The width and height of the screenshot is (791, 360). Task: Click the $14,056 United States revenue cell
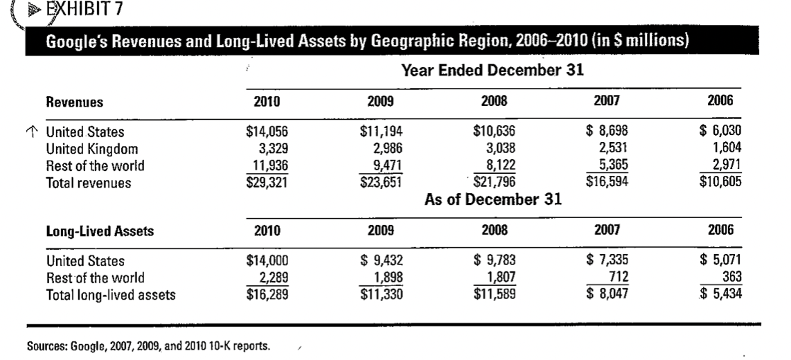click(x=267, y=132)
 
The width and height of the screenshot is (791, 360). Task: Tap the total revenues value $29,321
click(x=267, y=183)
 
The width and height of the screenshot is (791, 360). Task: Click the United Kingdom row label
click(x=92, y=150)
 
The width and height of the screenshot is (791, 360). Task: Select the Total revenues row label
click(x=89, y=183)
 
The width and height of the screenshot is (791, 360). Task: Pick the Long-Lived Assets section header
click(x=100, y=231)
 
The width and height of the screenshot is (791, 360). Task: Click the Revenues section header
click(x=75, y=102)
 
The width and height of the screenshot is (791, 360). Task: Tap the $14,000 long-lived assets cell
click(x=267, y=261)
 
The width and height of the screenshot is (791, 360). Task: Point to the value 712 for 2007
click(x=619, y=277)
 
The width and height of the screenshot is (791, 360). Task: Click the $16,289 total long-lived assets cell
click(x=267, y=294)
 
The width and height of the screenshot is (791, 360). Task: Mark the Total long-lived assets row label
click(x=111, y=295)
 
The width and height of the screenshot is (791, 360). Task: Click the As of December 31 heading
click(x=493, y=199)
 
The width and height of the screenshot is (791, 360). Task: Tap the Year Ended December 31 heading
click(x=492, y=70)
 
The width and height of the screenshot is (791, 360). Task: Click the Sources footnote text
click(x=148, y=346)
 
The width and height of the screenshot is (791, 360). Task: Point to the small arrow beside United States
click(x=31, y=132)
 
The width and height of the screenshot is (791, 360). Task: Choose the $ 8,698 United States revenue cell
click(x=607, y=132)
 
